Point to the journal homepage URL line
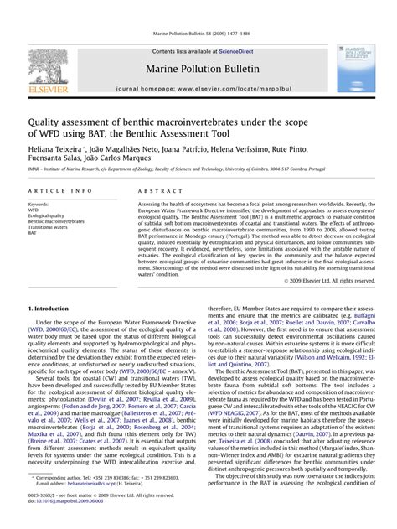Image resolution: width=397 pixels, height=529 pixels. click(x=198, y=87)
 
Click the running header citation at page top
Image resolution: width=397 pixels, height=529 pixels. click(x=198, y=34)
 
